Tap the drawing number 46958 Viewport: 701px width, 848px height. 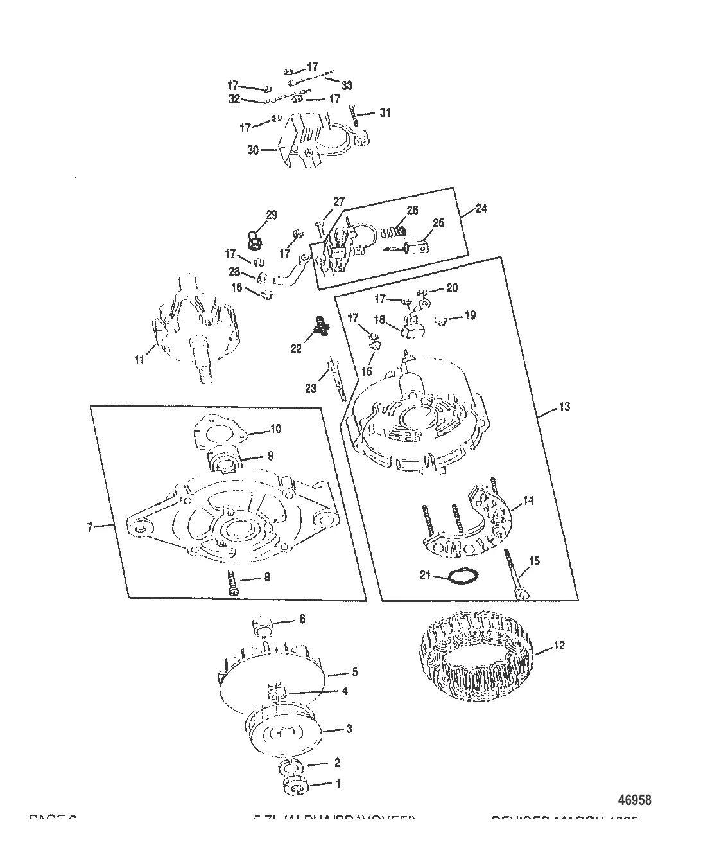(634, 800)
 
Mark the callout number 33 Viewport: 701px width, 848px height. (347, 85)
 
